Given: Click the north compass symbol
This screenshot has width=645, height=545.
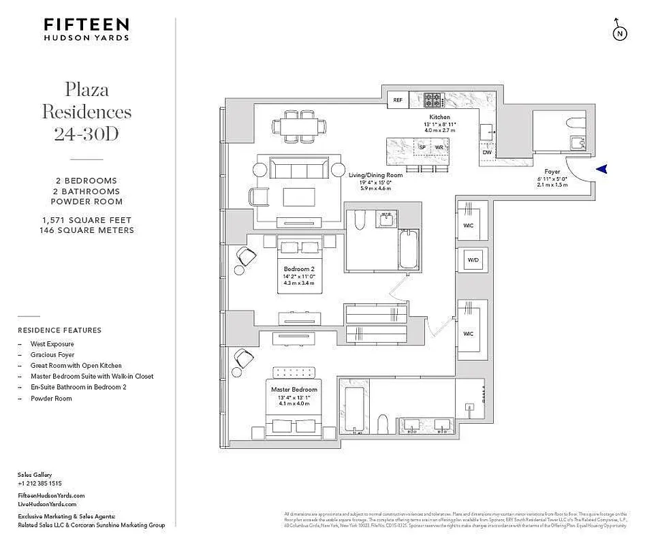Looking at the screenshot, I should (619, 31).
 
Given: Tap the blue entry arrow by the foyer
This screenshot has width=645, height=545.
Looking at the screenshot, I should (602, 170).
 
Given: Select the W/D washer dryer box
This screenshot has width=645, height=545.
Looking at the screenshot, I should (471, 260).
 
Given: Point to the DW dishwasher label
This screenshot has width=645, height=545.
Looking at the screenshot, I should (486, 153).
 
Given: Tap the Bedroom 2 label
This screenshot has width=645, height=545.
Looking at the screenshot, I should (299, 269).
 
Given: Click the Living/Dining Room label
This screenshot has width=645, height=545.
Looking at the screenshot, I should (375, 175).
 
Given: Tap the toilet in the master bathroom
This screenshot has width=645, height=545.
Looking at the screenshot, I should (383, 423).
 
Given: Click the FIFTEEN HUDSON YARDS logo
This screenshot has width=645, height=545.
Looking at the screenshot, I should (86, 29).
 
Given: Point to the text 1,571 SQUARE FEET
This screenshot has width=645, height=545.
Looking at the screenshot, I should (86, 220).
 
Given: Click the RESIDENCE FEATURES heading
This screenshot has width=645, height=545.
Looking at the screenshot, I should (59, 330).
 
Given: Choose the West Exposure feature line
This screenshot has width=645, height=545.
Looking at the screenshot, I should (52, 344).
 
